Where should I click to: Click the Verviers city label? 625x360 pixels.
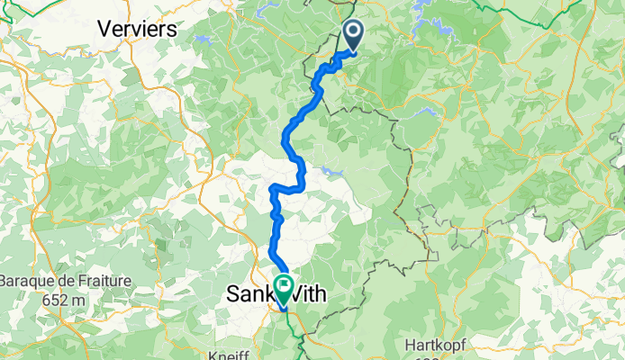pos(138,28)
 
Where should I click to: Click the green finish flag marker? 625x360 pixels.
pos(284,287)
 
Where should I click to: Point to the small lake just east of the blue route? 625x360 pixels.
pos(330,169)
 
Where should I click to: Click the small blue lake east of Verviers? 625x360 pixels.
pos(202,40)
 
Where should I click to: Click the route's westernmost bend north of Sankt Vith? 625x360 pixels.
pos(271,188)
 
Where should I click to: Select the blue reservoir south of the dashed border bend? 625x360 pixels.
pos(429,113)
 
